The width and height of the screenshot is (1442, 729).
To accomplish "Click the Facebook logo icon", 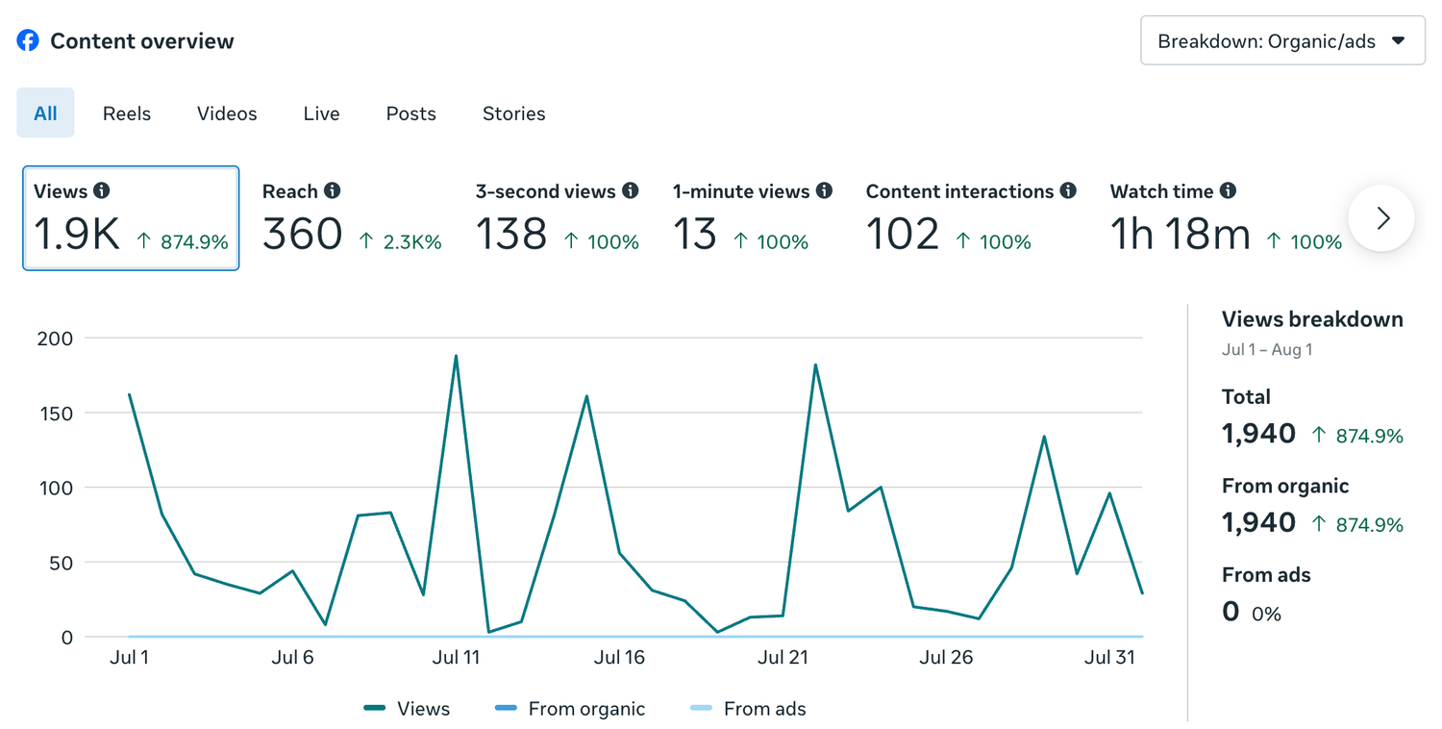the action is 28,40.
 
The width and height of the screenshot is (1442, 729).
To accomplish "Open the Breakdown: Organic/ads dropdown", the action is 1282,40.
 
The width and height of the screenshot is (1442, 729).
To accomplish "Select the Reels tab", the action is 127,113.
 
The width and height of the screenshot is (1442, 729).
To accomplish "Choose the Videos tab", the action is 227,113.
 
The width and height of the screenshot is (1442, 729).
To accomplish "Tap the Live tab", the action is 321,113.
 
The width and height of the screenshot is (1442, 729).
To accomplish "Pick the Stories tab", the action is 513,113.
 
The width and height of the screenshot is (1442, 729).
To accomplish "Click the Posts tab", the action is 410,113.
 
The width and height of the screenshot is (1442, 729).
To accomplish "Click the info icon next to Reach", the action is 333,190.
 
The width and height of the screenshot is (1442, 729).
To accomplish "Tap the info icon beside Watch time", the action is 1228,190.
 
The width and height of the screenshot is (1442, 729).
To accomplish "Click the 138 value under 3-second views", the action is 511,233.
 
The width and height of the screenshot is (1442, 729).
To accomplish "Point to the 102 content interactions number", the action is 903,233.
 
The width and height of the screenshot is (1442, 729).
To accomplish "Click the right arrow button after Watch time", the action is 1381,218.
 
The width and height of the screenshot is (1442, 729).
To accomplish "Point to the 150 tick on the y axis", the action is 56,414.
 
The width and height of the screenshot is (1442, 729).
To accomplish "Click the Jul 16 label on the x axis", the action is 619,657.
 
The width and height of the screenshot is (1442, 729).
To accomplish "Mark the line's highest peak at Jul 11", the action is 456,356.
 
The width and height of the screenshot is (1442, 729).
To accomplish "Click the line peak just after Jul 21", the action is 815,365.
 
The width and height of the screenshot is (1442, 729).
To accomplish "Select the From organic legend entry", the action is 570,709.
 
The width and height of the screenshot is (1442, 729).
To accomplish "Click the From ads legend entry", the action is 747,709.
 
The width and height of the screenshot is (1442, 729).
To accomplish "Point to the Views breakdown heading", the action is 1312,319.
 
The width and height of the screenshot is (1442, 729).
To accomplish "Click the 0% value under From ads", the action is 1266,614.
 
